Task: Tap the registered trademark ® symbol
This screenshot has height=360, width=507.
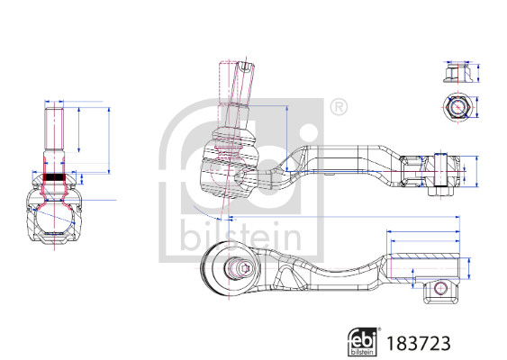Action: coord(338,106)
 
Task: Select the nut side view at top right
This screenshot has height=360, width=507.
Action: coord(457,71)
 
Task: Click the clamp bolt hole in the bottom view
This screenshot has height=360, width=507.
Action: coord(440,288)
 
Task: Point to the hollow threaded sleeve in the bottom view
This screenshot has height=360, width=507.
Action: coord(423,266)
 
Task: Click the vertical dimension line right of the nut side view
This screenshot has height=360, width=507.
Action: coord(483,72)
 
